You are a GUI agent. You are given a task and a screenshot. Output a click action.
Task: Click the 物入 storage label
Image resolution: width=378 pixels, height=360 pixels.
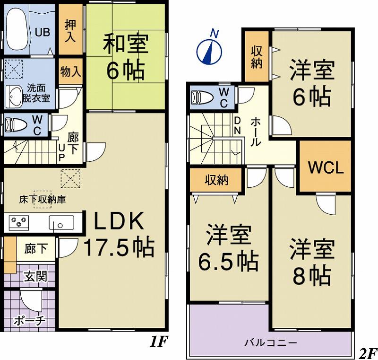pyautogui.click(x=70, y=72)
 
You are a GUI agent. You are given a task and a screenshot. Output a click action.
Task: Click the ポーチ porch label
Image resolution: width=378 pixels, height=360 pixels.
pyautogui.click(x=29, y=321)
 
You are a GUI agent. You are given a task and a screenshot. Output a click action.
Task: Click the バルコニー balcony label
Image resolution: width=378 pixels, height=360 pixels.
pyautogui.click(x=271, y=342)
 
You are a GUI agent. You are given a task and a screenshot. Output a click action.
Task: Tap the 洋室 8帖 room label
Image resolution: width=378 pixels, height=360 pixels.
pyautogui.click(x=312, y=262)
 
